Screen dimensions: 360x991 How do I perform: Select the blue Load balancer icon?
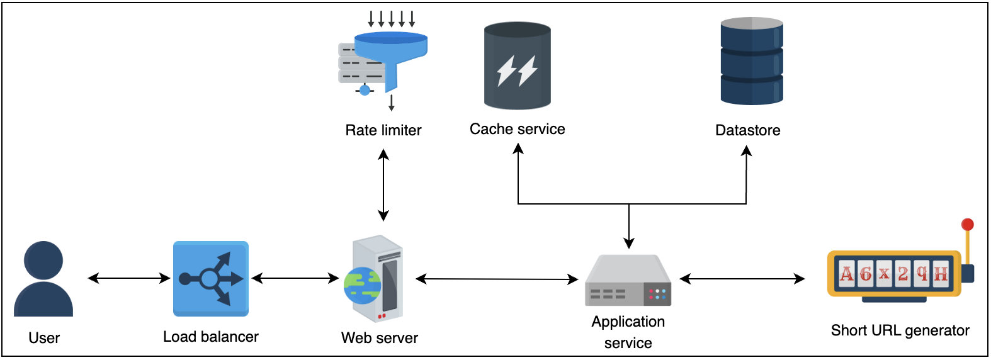click(211, 278)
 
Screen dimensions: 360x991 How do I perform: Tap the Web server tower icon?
click(378, 279)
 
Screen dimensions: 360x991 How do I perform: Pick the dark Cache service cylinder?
click(518, 66)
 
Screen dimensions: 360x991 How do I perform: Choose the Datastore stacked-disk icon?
click(752, 61)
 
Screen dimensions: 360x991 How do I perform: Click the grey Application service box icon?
click(628, 281)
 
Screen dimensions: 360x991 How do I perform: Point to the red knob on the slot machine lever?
click(968, 225)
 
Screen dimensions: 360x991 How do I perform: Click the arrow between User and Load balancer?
click(129, 278)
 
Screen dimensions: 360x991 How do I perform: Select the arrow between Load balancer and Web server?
click(295, 278)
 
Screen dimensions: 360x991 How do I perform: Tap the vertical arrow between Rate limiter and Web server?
click(383, 185)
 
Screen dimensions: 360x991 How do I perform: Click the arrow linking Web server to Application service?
click(497, 279)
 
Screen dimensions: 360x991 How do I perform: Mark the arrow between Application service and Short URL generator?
click(742, 279)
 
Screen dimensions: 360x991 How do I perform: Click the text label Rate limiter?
click(383, 130)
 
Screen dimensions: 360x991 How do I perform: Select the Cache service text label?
click(518, 129)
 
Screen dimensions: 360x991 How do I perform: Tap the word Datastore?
click(748, 130)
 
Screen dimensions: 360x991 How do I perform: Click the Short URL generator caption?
click(900, 330)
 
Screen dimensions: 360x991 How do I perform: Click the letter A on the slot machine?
click(847, 274)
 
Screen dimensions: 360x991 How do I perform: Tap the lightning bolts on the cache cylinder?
click(517, 70)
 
